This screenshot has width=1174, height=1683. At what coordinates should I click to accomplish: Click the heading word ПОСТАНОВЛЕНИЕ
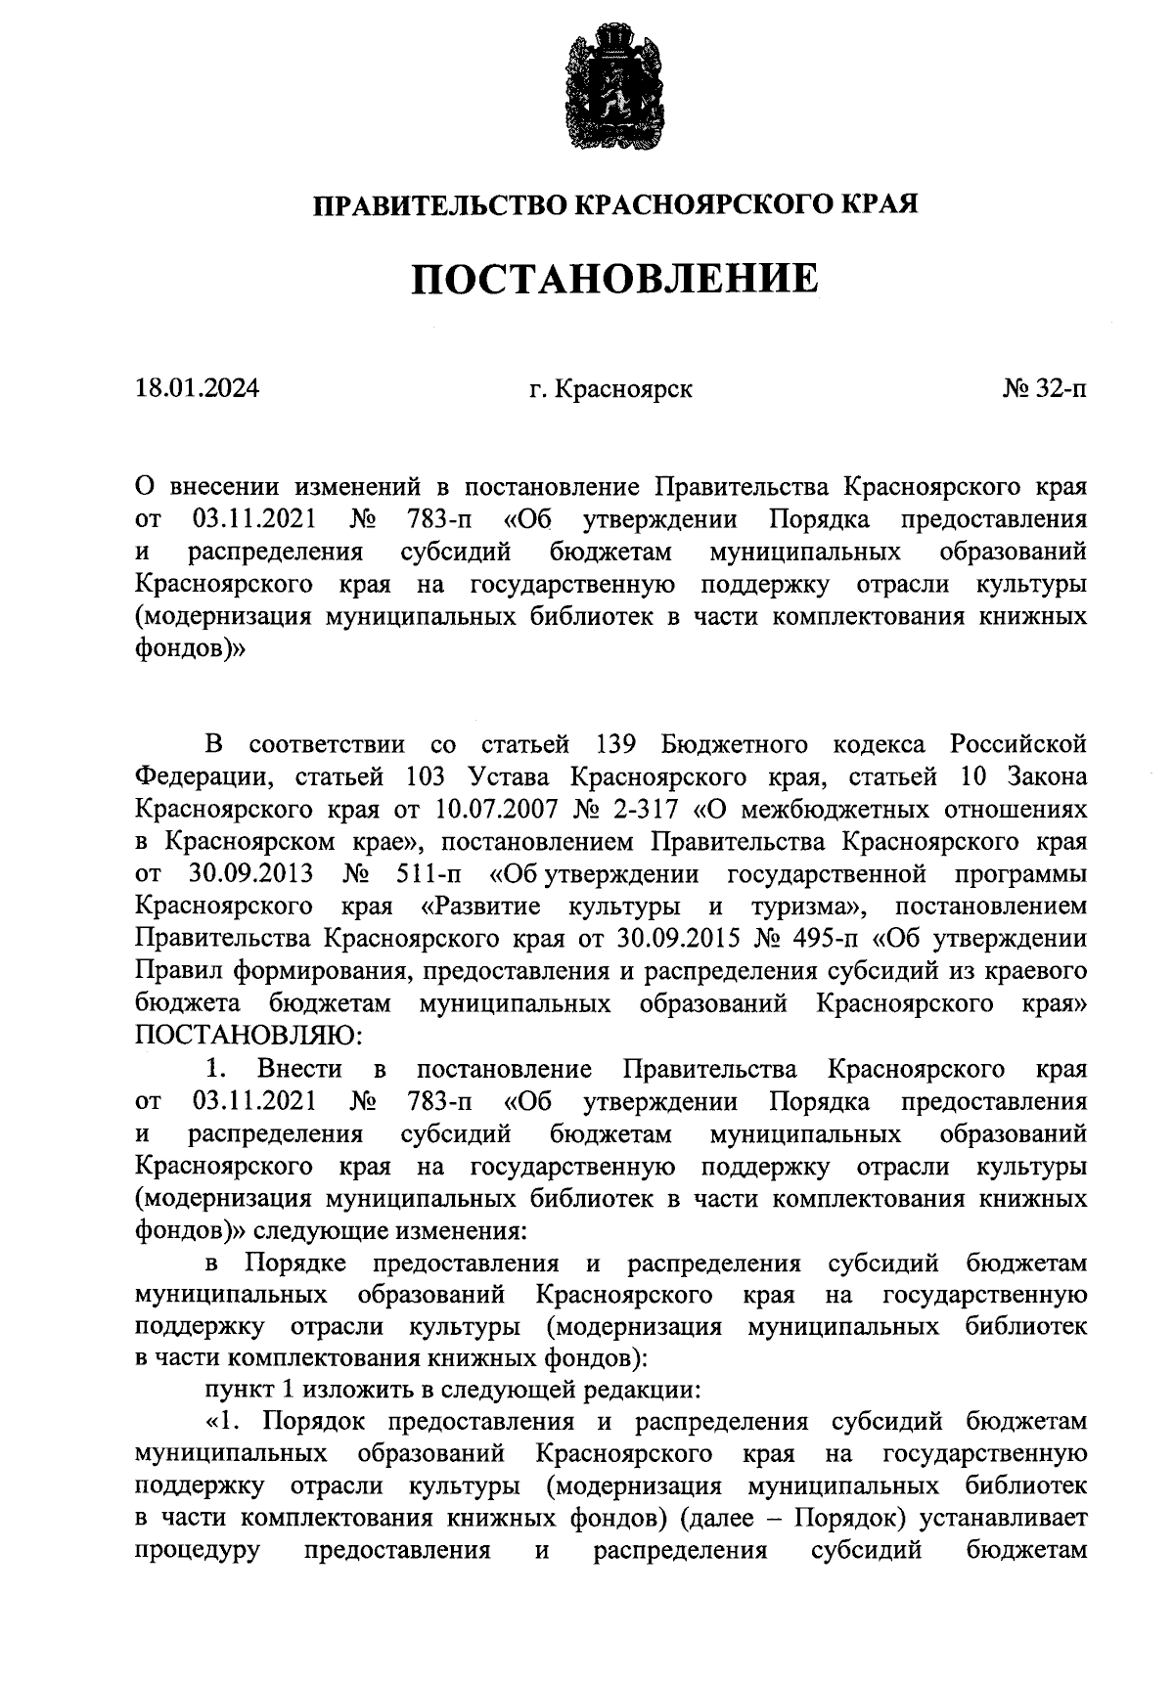coord(613,281)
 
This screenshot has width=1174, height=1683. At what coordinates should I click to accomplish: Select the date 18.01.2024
coord(198,389)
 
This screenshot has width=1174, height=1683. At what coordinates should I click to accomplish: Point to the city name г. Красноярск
coord(611,389)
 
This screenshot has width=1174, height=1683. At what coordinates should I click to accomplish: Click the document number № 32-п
coord(1044,389)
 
